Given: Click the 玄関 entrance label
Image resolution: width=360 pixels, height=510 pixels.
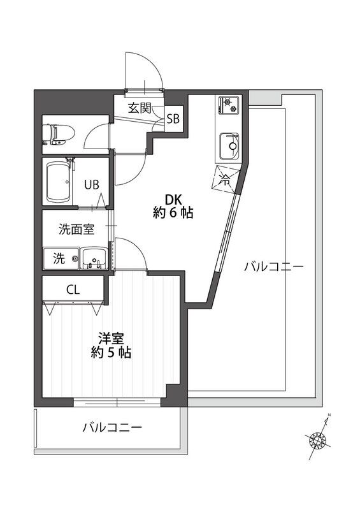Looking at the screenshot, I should (x=139, y=108).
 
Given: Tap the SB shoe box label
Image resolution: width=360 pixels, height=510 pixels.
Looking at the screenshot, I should (x=173, y=119).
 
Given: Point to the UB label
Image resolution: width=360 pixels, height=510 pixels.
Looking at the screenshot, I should (x=92, y=185).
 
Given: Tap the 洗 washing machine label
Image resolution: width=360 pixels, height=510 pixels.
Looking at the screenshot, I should (x=58, y=259).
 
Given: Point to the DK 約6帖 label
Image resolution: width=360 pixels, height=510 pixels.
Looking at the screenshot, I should (x=173, y=206).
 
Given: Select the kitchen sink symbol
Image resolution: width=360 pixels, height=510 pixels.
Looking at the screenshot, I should (x=228, y=145).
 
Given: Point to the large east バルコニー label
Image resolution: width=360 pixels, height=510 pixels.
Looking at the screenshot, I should (x=273, y=266).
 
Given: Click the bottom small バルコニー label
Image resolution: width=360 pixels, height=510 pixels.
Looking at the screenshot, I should (x=112, y=427).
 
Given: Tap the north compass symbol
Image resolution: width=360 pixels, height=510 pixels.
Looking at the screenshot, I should (x=318, y=439).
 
